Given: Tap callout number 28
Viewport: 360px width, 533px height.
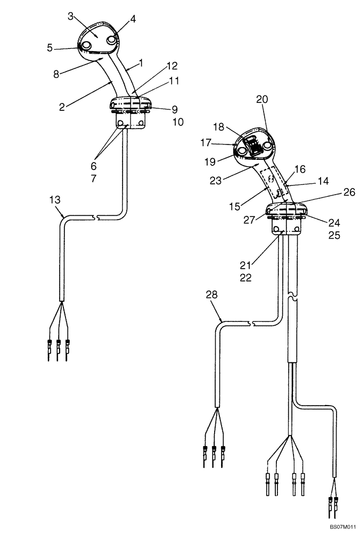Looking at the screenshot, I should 211,295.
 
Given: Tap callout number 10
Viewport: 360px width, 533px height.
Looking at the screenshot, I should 177,122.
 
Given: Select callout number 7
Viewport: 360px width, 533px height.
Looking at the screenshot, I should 94,179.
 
